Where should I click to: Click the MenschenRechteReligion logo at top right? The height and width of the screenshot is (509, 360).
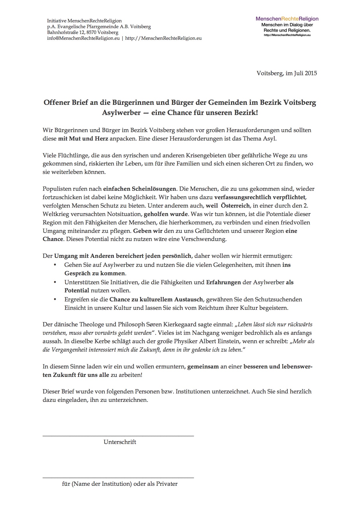tap(287, 26)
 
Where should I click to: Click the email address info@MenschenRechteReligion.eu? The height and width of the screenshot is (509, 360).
tap(83, 38)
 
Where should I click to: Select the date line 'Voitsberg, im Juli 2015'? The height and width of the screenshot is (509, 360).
tap(287, 73)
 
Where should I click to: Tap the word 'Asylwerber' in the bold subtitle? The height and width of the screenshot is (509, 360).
tap(121, 113)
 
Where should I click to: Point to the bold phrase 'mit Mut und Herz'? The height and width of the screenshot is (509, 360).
tap(83, 139)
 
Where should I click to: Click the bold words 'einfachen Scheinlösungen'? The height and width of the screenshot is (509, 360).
tap(139, 189)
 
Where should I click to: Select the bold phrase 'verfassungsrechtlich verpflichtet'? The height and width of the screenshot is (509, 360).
tap(260, 197)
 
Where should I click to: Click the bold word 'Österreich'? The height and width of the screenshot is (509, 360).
tap(236, 206)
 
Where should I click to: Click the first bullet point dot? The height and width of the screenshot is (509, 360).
tap(55, 265)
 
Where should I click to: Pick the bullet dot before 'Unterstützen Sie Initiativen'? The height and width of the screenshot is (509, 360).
tap(55, 282)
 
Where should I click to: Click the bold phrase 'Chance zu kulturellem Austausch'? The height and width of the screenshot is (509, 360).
tap(156, 299)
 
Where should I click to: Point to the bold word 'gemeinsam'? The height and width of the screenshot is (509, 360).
tap(203, 366)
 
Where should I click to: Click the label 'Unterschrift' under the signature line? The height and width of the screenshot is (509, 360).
tap(120, 442)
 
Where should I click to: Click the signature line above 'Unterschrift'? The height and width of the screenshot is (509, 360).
tap(118, 436)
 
